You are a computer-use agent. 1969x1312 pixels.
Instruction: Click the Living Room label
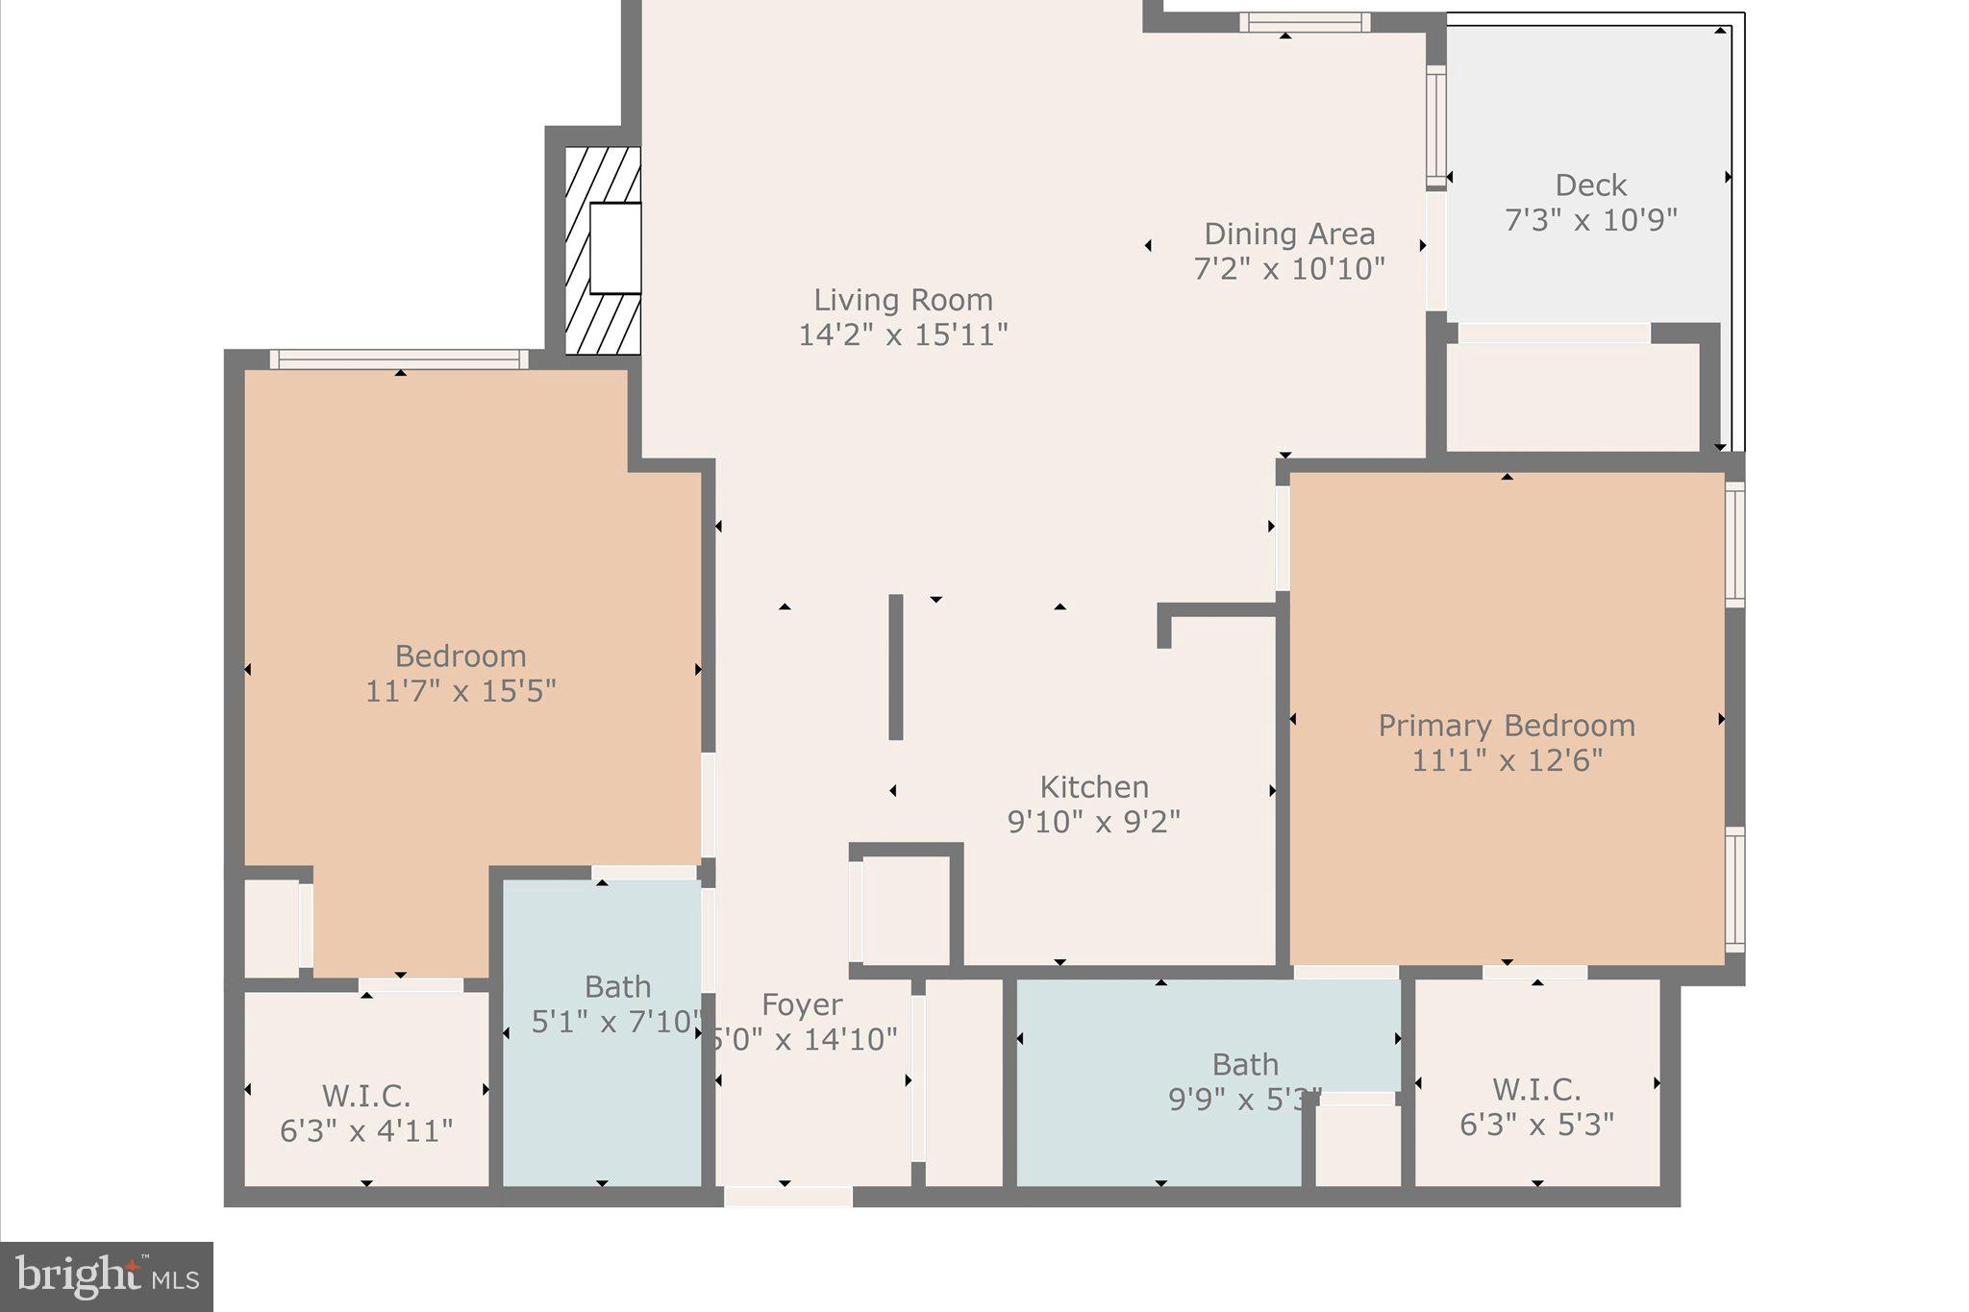coord(903,300)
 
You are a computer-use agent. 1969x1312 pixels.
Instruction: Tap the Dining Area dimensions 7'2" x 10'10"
coord(1289,268)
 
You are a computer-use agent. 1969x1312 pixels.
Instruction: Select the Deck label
coord(1590,185)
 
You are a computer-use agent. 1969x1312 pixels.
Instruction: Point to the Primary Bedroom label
coord(1507,726)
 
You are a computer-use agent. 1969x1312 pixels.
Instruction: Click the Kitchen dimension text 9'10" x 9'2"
coord(1094,823)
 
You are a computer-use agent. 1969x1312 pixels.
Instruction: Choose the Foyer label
coord(802,1004)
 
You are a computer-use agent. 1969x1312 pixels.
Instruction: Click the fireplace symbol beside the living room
coord(604,250)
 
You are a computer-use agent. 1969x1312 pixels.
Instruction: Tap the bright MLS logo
coord(107,1276)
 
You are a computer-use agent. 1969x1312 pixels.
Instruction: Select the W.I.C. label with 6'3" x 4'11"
coord(366,1096)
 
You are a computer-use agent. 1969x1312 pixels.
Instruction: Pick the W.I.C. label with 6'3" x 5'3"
coord(1536,1089)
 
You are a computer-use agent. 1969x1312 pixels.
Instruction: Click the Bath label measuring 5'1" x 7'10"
coord(617,987)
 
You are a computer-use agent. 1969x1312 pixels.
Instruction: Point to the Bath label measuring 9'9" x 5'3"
coord(1245,1065)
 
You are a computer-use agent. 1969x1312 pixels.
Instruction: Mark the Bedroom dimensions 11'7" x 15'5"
coord(461,691)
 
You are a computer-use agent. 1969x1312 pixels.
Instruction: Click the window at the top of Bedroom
coord(399,359)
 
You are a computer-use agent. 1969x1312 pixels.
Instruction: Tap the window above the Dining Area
coord(1304,22)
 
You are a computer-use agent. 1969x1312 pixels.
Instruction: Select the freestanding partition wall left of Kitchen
coord(895,667)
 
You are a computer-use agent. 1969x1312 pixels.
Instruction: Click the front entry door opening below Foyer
coord(787,1197)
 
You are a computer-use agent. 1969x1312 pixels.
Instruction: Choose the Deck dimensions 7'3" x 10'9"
coord(1590,220)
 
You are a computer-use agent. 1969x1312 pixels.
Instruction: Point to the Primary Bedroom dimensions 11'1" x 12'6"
coord(1507,761)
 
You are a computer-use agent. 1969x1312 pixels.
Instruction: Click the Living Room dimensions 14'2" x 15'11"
coord(903,335)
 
